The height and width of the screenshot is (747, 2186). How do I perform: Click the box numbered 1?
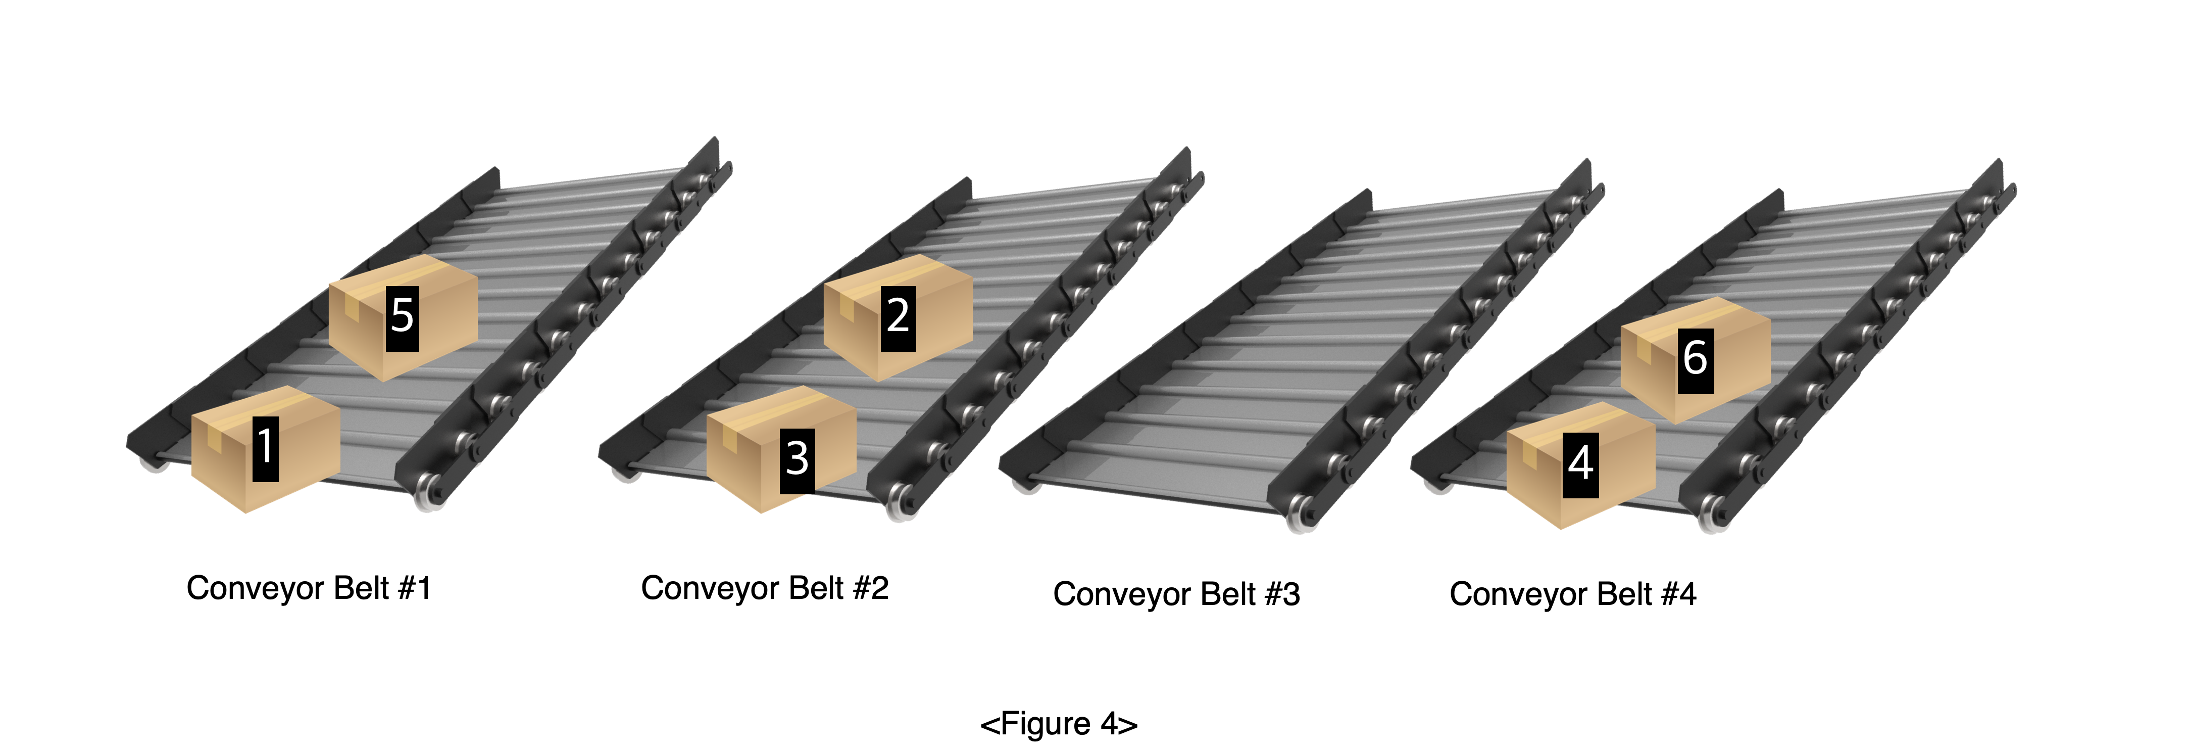pos(266,449)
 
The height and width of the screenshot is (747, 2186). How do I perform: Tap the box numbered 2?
pos(898,317)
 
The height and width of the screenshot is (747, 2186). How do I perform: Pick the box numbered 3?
pos(781,449)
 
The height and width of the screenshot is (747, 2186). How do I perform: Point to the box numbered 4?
pos(1581,465)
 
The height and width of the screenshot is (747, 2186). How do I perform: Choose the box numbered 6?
pos(1696,360)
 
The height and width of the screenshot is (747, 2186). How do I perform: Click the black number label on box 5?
pos(402,318)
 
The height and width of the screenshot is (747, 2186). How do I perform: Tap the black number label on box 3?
pos(798,461)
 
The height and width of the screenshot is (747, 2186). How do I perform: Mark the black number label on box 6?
pos(1696,361)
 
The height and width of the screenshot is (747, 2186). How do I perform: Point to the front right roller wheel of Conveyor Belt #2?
pos(901,501)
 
